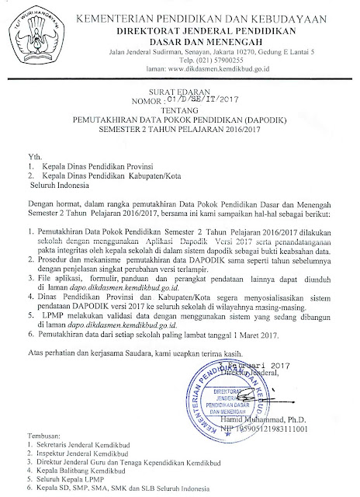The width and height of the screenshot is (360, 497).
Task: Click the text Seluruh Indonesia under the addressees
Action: tap(63, 187)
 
